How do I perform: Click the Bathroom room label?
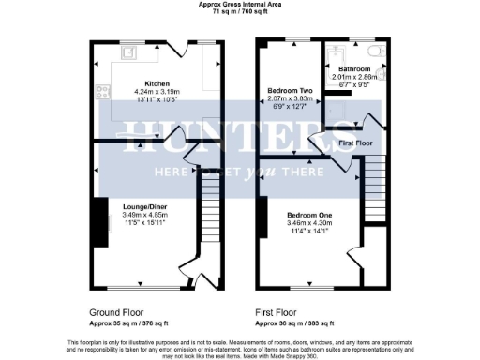(354, 69)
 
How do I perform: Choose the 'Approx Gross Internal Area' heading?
(239, 5)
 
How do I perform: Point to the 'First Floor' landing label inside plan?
(357, 142)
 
